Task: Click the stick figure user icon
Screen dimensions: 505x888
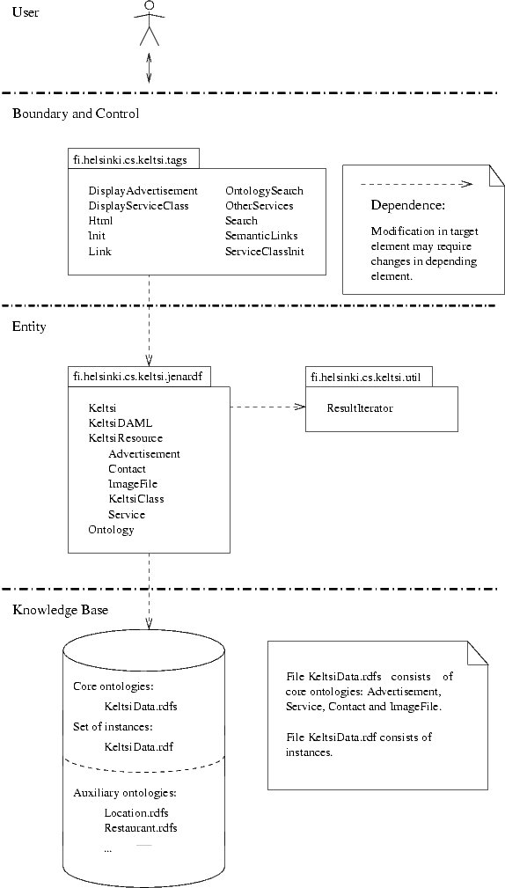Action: [x=150, y=23]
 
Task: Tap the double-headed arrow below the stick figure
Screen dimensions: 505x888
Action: [x=149, y=68]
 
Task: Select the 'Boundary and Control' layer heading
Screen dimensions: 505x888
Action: [x=76, y=114]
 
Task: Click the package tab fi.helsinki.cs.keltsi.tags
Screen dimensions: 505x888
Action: [x=135, y=160]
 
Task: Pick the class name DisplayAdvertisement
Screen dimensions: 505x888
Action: [x=143, y=191]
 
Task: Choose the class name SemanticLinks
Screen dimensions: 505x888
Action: [x=261, y=236]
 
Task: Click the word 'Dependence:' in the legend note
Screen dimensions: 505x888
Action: [x=408, y=206]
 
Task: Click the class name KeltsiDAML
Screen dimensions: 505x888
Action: [x=121, y=423]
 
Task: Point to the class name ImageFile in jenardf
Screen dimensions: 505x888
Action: [x=133, y=484]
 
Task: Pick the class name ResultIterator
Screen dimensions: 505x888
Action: [x=360, y=407]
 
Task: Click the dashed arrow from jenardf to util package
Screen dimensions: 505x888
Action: [x=267, y=407]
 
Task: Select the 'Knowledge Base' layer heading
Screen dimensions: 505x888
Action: [x=61, y=610]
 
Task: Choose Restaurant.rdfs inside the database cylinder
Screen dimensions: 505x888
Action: [x=141, y=828]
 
